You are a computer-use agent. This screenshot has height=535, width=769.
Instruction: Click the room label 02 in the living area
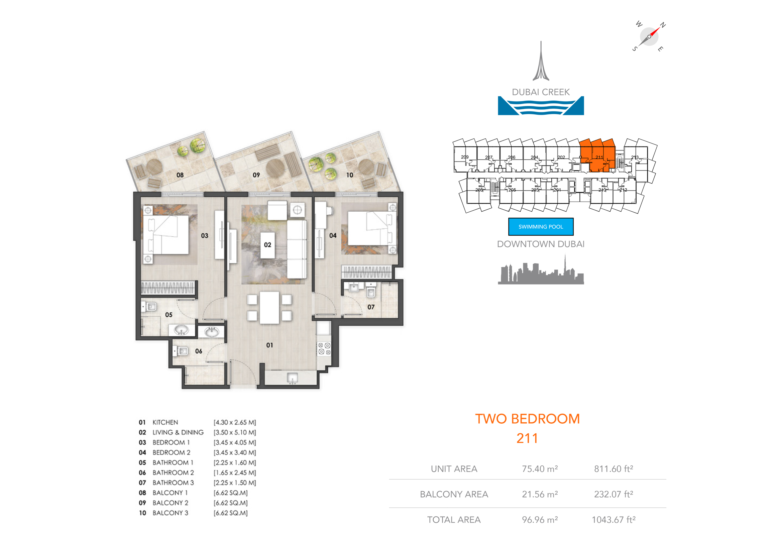(267, 245)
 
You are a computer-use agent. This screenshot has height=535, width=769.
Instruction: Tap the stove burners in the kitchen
(324, 348)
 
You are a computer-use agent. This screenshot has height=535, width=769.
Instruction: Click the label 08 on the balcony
(180, 175)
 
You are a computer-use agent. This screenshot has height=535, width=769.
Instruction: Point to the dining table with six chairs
(269, 307)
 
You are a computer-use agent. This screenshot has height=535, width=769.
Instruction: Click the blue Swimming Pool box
(541, 227)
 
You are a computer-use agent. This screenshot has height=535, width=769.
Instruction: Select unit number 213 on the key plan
(635, 157)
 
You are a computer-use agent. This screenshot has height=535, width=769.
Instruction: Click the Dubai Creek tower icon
(541, 62)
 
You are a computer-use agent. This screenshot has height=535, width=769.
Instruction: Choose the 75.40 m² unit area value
(540, 469)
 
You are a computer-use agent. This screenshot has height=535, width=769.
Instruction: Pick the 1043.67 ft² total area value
(613, 520)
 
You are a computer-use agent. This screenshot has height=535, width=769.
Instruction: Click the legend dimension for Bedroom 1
(235, 442)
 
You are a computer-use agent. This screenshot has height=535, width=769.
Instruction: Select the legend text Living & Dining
(178, 432)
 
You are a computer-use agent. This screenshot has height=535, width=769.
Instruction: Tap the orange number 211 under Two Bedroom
(527, 438)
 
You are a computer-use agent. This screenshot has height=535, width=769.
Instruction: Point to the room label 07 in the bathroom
(371, 307)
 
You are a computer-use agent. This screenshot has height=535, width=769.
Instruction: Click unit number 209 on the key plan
(464, 157)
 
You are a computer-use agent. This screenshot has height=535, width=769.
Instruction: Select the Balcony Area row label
(454, 494)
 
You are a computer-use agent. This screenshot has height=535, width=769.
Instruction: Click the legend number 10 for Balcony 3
(142, 513)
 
